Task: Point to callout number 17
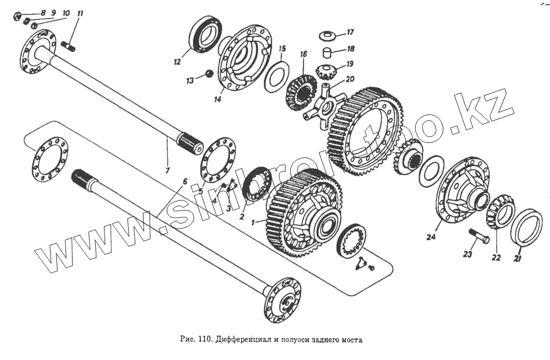click(x=350, y=32)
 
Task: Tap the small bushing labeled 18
click(x=328, y=54)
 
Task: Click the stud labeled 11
click(x=69, y=45)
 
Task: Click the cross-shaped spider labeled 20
click(x=324, y=105)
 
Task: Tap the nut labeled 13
click(x=209, y=73)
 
